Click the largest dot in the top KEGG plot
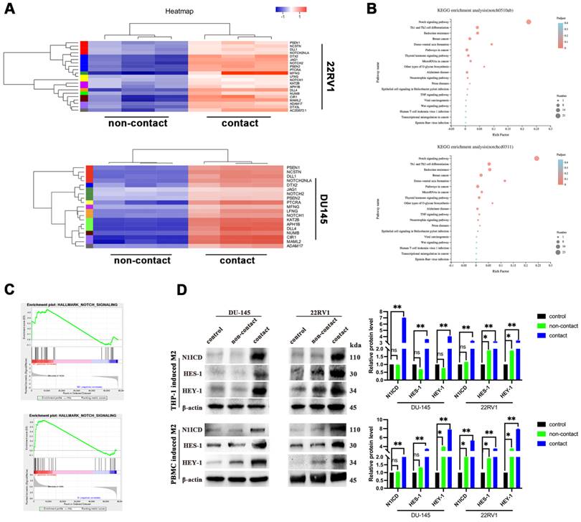[529, 22]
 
